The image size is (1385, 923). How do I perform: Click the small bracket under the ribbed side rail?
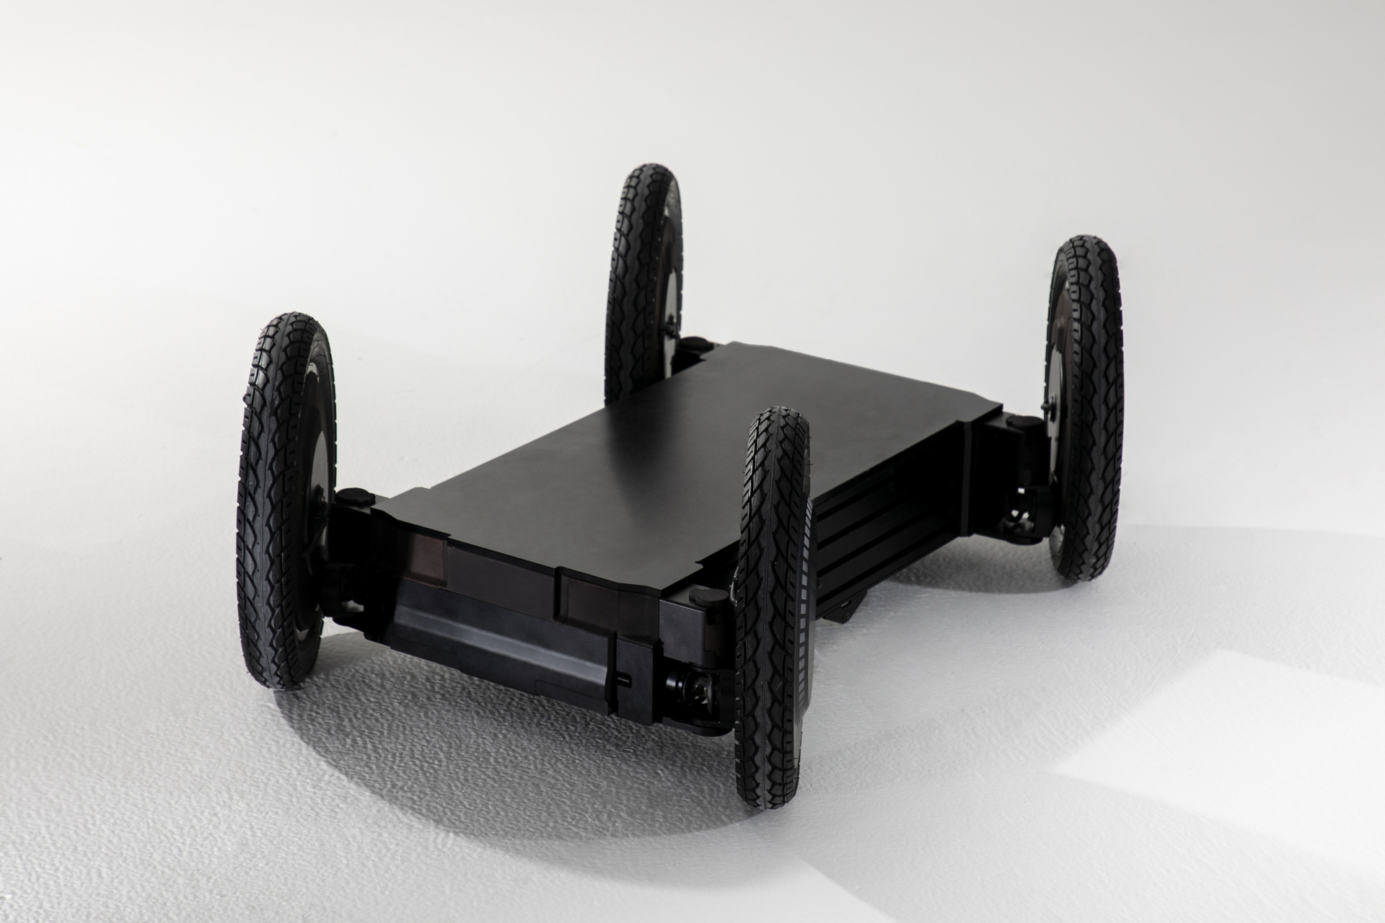coord(851,613)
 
